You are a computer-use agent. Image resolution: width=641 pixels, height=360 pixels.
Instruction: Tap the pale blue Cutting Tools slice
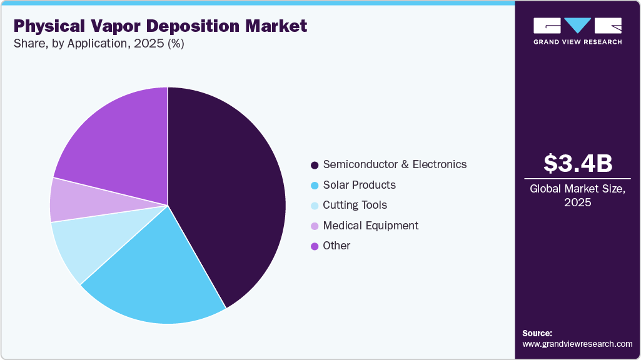coord(81,244)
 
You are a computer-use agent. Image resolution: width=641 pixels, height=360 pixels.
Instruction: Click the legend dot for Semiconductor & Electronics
coord(315,165)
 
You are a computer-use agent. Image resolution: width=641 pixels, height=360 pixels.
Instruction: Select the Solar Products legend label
coord(359,185)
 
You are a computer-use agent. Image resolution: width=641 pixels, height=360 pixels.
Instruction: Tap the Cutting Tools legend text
coord(355,205)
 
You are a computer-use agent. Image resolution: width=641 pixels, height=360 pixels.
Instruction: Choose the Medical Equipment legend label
coord(370,226)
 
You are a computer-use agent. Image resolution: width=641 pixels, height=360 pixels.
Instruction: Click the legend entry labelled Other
coord(336,246)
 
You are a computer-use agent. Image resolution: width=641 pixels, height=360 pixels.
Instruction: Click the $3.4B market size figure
coord(577,164)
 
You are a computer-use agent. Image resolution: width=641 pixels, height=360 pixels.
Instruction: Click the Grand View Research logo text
coord(577,42)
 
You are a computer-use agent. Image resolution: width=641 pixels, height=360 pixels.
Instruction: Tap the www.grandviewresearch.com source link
coord(577,344)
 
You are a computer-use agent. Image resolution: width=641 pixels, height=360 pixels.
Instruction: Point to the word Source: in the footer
coord(537,333)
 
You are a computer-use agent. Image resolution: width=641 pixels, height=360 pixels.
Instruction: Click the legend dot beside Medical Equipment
coord(315,226)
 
